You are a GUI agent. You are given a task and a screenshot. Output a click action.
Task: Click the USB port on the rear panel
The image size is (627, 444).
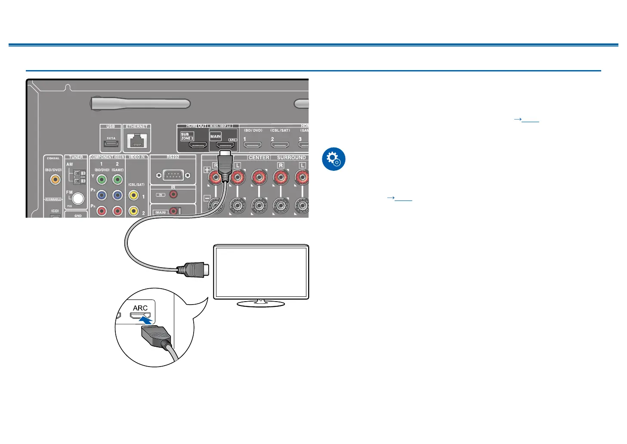pyautogui.click(x=111, y=143)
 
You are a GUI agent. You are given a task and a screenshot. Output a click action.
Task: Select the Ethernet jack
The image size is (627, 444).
pyautogui.click(x=137, y=141)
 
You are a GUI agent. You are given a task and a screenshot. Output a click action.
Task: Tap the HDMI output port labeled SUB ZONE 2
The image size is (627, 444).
pyautogui.click(x=198, y=145)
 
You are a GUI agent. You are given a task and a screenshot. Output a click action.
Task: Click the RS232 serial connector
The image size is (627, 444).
pyautogui.click(x=173, y=175)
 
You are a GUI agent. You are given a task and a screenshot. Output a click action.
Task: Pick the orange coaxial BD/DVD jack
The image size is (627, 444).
pyautogui.click(x=55, y=179)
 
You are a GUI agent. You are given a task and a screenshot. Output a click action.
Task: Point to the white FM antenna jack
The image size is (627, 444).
pyautogui.click(x=78, y=198)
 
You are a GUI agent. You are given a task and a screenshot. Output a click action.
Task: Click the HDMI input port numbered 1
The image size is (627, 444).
pyautogui.click(x=253, y=145)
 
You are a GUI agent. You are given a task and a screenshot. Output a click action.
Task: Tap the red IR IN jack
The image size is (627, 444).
pyautogui.click(x=173, y=194)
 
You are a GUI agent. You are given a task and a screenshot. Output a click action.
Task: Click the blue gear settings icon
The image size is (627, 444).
pyautogui.click(x=334, y=159)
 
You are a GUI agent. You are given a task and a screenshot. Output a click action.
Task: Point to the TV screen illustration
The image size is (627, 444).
pyautogui.click(x=261, y=272)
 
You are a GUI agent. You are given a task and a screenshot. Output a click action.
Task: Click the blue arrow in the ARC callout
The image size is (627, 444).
pyautogui.click(x=146, y=320)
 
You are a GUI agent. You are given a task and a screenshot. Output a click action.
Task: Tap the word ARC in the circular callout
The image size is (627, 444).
pyautogui.click(x=140, y=308)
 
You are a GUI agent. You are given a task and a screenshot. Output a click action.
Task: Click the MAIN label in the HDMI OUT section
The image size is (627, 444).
pyautogui.click(x=216, y=136)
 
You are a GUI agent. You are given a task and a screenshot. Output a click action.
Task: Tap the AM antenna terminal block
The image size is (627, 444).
pyautogui.click(x=80, y=176)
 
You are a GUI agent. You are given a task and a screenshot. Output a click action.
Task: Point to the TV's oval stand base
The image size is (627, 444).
pyautogui.click(x=261, y=304)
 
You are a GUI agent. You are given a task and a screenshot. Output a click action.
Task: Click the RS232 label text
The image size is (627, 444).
pyautogui.click(x=173, y=157)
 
